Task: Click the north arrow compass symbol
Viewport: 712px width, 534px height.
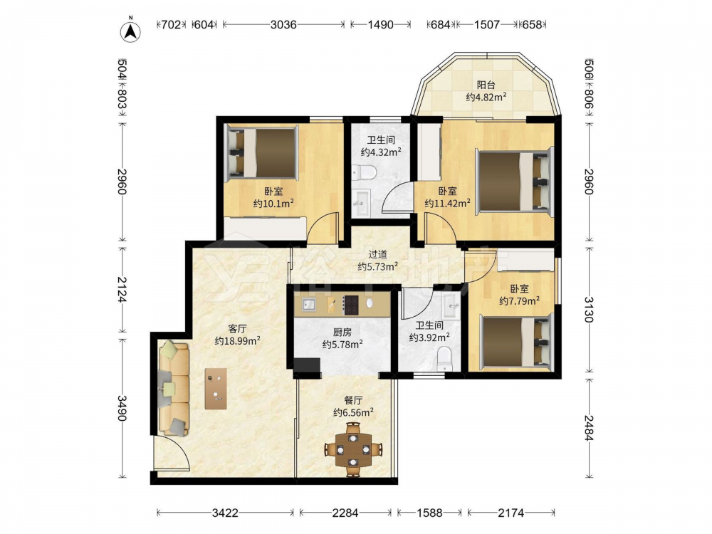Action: pyautogui.click(x=130, y=31)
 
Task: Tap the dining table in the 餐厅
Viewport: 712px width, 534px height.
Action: pyautogui.click(x=353, y=449)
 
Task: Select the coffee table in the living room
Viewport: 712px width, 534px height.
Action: pyautogui.click(x=216, y=389)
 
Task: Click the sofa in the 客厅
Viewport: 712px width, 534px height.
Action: pyautogui.click(x=174, y=389)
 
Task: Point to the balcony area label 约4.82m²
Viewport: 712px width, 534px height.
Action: pyautogui.click(x=486, y=97)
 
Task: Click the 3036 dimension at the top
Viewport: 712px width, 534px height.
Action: pyautogui.click(x=283, y=24)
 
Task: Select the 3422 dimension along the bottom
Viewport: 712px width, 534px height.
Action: pyautogui.click(x=225, y=513)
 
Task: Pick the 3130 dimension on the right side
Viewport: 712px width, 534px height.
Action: pyautogui.click(x=589, y=309)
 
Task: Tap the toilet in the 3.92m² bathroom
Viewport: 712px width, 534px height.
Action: pyautogui.click(x=444, y=359)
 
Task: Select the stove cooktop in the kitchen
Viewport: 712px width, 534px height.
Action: pyautogui.click(x=350, y=305)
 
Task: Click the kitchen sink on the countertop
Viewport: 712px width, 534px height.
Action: pyautogui.click(x=309, y=305)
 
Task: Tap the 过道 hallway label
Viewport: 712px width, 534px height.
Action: pyautogui.click(x=377, y=254)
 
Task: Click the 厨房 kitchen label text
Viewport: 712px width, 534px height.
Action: pyautogui.click(x=342, y=333)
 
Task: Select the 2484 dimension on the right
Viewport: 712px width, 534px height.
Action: pyautogui.click(x=589, y=428)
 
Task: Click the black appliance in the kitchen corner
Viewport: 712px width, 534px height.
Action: pyautogui.click(x=307, y=366)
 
